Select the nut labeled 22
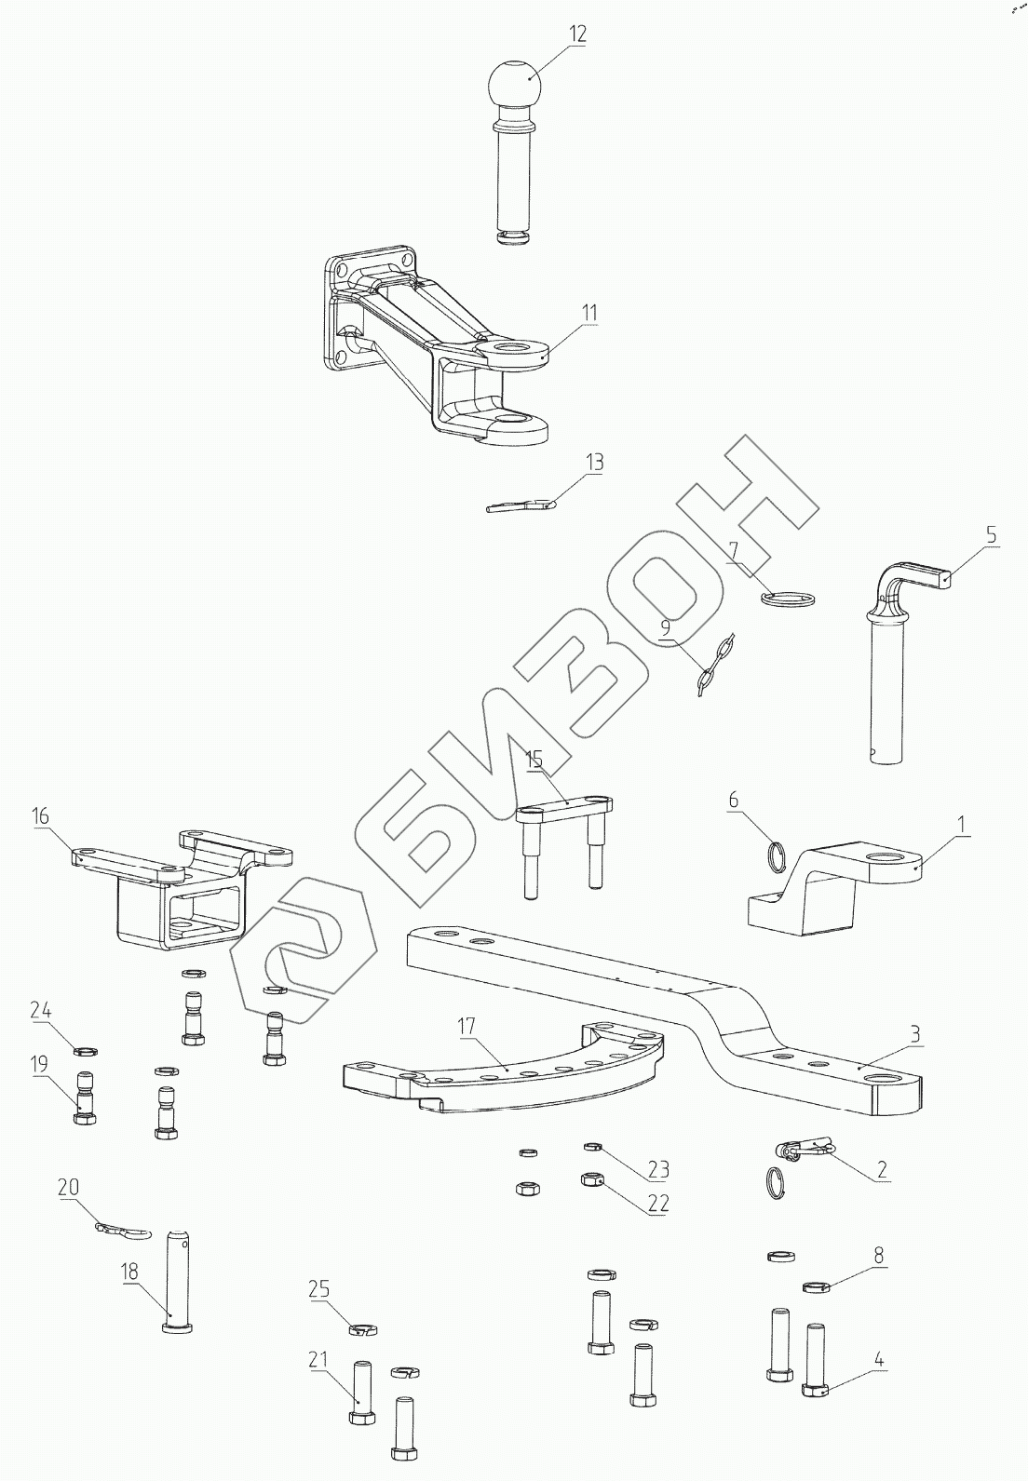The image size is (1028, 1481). click(x=589, y=1180)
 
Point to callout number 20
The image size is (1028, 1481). click(x=68, y=1188)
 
